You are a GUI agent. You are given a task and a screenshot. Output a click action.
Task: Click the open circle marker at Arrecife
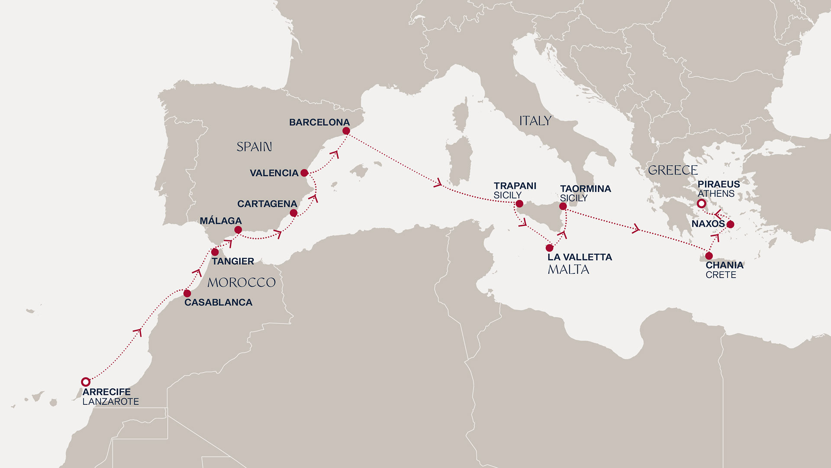[x=86, y=382]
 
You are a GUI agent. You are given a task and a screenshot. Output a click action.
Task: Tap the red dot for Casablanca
[x=187, y=293]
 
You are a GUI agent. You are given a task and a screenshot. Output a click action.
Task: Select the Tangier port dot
[x=215, y=252]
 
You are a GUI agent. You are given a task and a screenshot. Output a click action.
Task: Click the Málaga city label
[x=221, y=221]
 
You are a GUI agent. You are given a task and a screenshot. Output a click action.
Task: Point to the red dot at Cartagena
[x=293, y=213]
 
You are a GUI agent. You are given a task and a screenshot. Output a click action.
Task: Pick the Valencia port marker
[x=304, y=173]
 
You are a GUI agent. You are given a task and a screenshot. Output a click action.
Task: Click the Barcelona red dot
[x=346, y=131]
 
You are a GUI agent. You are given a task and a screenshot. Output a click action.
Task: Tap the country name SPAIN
[x=254, y=147]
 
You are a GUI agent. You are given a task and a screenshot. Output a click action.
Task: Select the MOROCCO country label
[x=242, y=283]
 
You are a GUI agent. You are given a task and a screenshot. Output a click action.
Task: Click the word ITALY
[x=535, y=121]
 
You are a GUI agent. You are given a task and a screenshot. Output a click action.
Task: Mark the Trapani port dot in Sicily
[x=519, y=204]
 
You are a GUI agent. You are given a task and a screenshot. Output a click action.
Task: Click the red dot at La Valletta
[x=550, y=248]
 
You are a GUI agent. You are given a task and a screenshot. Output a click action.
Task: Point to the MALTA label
[x=568, y=270]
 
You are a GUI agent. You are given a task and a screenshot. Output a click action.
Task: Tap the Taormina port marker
[x=563, y=206]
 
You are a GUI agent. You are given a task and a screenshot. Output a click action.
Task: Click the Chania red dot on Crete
[x=709, y=256]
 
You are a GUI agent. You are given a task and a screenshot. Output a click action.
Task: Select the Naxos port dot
[x=730, y=224]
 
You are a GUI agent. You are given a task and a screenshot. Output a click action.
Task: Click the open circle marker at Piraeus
[x=702, y=204]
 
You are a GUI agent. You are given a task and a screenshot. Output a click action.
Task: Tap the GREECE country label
[x=673, y=170]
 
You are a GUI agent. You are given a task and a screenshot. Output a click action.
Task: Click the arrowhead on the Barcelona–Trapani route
[x=438, y=184]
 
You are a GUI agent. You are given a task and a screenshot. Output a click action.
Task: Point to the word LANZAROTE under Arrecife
[x=111, y=402]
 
